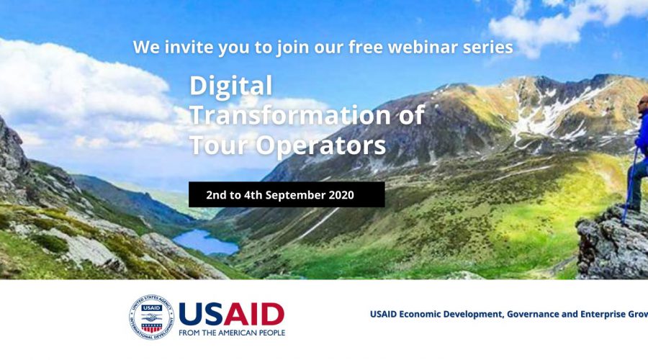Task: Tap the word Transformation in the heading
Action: pyautogui.click(x=289, y=115)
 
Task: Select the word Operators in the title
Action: pyautogui.click(x=320, y=146)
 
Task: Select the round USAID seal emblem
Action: pyautogui.click(x=152, y=317)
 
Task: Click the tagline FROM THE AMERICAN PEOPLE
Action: pyautogui.click(x=232, y=333)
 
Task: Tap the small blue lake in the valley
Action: pyautogui.click(x=206, y=242)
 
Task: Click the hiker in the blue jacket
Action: pyautogui.click(x=639, y=153)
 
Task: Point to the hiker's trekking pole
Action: pyautogui.click(x=629, y=186)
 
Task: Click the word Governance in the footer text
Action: pyautogui.click(x=532, y=314)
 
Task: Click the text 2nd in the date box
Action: pyautogui.click(x=215, y=194)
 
